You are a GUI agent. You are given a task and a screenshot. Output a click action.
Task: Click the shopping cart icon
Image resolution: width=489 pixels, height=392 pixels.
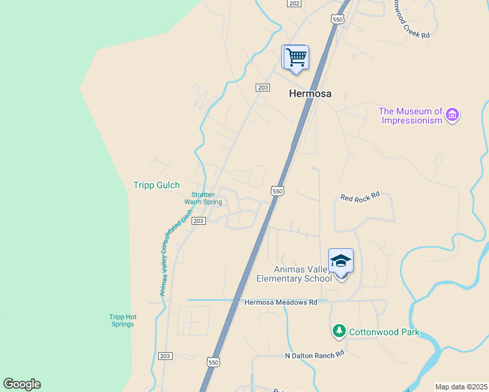pos(295,57)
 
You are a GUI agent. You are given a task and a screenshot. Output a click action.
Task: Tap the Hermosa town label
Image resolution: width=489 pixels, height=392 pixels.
pos(310,93)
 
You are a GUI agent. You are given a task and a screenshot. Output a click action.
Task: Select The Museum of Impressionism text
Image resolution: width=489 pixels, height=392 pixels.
pos(411,116)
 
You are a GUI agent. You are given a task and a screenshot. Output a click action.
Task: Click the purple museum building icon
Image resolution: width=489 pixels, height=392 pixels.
pos(452,116)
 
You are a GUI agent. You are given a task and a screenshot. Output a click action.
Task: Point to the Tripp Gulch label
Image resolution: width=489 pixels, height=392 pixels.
pos(156,186)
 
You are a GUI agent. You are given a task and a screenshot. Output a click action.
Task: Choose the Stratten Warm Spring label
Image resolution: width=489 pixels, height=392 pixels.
pos(203,198)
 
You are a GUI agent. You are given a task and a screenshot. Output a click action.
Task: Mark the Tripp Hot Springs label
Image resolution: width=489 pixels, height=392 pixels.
pos(122,320)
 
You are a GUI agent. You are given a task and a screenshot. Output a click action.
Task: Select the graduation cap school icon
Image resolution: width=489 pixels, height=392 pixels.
pos(341,261)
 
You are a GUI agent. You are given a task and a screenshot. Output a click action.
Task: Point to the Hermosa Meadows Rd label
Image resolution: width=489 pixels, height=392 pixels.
pos(280,302)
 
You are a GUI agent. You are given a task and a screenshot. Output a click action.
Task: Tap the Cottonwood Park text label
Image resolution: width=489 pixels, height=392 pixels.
pos(384,332)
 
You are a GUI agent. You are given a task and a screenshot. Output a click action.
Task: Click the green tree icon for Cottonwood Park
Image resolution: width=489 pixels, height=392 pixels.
pos(339,331)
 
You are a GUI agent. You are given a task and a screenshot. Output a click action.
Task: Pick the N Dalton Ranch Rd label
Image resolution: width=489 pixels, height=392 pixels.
pos(314,355)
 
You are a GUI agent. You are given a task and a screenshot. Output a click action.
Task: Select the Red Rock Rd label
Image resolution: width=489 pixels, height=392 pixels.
pos(360,197)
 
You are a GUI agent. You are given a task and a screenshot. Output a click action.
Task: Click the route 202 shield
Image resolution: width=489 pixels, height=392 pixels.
pos(294,3)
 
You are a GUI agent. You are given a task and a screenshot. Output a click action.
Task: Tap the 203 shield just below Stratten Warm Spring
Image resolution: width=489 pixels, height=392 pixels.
pos(199,221)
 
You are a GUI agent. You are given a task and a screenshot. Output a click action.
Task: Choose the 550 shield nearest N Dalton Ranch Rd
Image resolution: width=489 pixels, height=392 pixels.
pos(213,361)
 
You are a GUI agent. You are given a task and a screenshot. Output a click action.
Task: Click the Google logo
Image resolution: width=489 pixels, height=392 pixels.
pos(22,384)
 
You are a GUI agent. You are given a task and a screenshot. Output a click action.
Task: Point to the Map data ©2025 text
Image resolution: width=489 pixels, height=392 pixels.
pos(460,387)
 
